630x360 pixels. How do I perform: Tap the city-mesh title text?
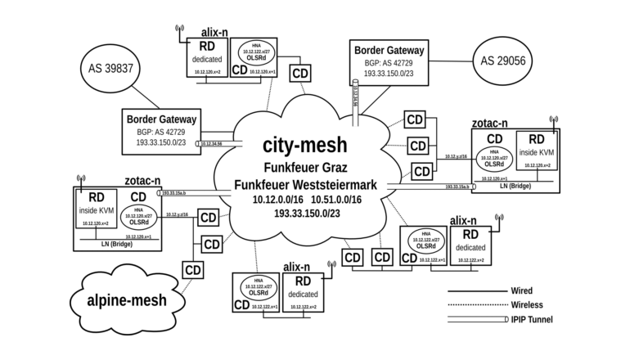tap(304, 145)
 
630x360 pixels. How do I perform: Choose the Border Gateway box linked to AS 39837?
tap(161, 130)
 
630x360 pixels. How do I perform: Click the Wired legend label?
tap(521, 290)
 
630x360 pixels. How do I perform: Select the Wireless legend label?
tap(527, 304)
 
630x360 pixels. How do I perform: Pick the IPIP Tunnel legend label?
tap(532, 319)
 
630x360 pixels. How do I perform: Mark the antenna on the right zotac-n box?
tap(554, 123)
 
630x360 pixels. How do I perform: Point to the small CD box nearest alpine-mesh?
tap(193, 269)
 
